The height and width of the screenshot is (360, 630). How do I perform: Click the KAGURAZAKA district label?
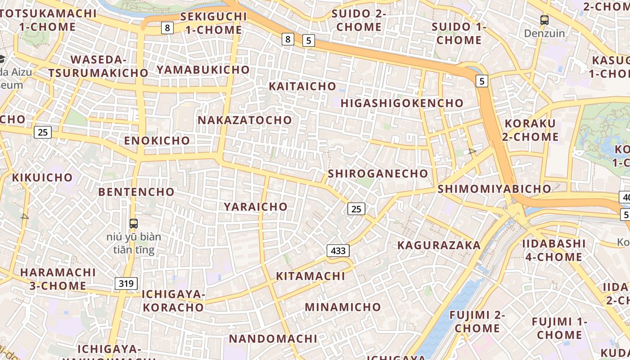pyautogui.click(x=439, y=245)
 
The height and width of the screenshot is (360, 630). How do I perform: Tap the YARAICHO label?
pyautogui.click(x=256, y=207)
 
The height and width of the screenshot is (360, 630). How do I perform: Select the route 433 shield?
pyautogui.click(x=338, y=251)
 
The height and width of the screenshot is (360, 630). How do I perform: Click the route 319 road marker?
pyautogui.click(x=126, y=283)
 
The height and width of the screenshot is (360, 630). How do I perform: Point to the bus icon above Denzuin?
pyautogui.click(x=544, y=20)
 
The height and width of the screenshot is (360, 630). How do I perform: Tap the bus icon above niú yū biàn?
pyautogui.click(x=134, y=223)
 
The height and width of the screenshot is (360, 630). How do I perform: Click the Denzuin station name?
pyautogui.click(x=544, y=33)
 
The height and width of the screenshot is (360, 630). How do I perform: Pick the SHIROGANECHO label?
pyautogui.click(x=378, y=174)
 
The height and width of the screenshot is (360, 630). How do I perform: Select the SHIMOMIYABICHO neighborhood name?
pyautogui.click(x=494, y=189)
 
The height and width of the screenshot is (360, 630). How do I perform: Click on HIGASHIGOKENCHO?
pyautogui.click(x=402, y=103)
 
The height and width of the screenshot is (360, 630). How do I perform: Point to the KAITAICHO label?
pyautogui.click(x=302, y=86)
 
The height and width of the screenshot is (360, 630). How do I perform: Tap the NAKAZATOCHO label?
pyautogui.click(x=245, y=120)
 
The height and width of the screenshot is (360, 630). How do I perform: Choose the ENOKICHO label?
pyautogui.click(x=157, y=140)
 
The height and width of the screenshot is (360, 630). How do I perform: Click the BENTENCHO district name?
pyautogui.click(x=136, y=192)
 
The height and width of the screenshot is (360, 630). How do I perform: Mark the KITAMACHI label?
pyautogui.click(x=310, y=276)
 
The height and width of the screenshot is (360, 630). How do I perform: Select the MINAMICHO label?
pyautogui.click(x=343, y=307)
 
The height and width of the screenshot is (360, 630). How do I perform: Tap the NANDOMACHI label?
pyautogui.click(x=273, y=338)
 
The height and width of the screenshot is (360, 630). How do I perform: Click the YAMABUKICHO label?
pyautogui.click(x=203, y=69)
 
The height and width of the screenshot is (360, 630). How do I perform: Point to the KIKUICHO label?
pyautogui.click(x=42, y=177)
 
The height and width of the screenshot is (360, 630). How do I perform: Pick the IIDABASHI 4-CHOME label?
pyautogui.click(x=553, y=250)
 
